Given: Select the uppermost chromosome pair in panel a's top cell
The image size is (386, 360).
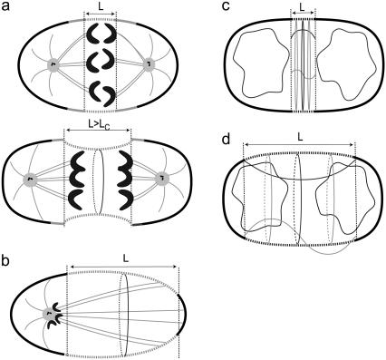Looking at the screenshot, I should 98,34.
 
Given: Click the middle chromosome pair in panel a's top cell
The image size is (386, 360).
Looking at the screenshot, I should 98,63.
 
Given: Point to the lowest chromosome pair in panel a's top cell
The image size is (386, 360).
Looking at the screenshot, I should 98,94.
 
